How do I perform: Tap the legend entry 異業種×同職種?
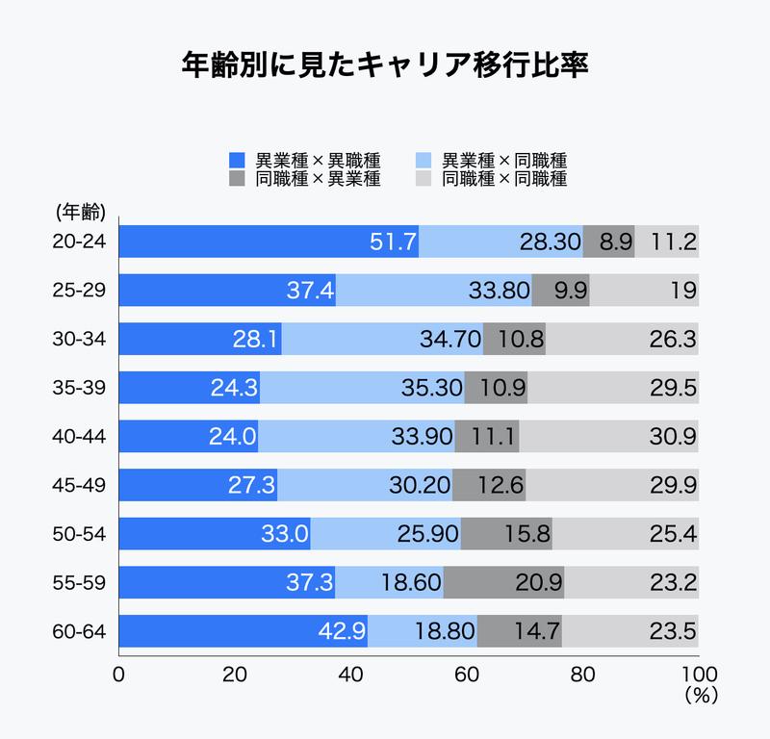coord(491,160)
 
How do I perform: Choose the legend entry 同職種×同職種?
coord(491,179)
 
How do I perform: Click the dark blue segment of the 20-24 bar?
coord(269,242)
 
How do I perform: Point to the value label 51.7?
coord(392,242)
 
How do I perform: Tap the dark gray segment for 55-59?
coord(503,582)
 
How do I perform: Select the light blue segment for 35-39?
coord(362,388)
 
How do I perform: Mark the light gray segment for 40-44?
coord(608,437)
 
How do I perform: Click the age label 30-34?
coord(80,339)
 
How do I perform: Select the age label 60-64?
coord(80,631)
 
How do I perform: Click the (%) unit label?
coord(697,694)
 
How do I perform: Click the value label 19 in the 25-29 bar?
coord(683,291)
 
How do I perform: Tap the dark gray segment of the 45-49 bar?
coord(489,485)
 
